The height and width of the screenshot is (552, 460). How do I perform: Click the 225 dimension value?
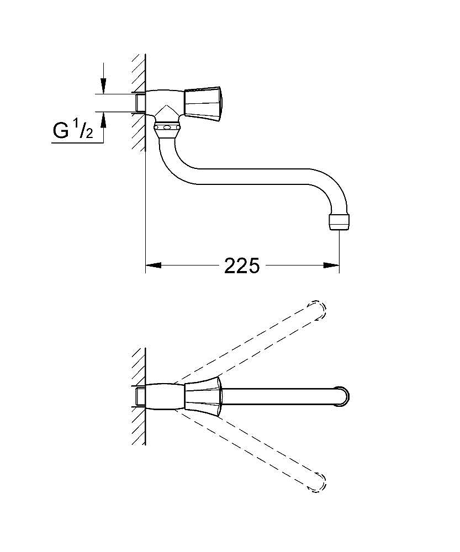(x=242, y=266)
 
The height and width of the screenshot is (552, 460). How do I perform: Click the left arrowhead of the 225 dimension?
(x=153, y=266)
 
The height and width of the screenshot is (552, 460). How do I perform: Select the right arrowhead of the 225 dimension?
(x=331, y=266)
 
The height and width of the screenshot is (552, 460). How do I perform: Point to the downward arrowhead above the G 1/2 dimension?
(x=103, y=86)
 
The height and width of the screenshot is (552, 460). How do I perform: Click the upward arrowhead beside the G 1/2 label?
(x=103, y=120)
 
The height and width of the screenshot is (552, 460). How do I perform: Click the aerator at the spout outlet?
(x=339, y=221)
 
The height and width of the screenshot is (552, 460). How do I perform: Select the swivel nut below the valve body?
(x=168, y=130)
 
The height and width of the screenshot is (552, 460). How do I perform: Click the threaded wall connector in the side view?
(x=140, y=103)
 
